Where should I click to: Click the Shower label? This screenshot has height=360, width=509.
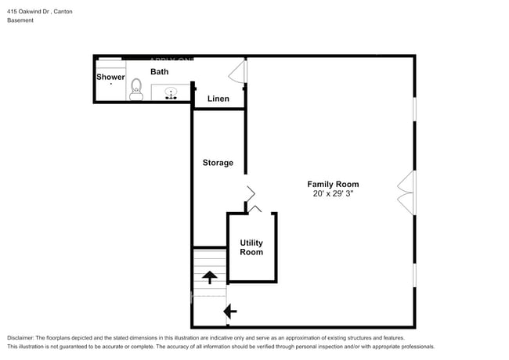110,77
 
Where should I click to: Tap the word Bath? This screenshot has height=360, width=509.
159,72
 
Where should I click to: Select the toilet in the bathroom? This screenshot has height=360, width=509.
136,89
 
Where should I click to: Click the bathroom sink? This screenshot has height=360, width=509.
171,93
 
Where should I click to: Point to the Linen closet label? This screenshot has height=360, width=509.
218,99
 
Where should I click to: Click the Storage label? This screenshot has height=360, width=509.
218,163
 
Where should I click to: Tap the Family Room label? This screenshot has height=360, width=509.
333,185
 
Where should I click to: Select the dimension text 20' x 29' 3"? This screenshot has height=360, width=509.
333,195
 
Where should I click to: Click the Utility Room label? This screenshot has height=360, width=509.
251,247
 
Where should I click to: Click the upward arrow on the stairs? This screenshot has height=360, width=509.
209,276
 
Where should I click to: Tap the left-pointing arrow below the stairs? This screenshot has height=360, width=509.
230,311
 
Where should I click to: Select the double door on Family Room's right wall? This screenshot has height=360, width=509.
406,193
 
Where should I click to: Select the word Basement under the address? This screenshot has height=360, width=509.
21,20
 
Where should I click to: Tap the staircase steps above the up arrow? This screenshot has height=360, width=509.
209,257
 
